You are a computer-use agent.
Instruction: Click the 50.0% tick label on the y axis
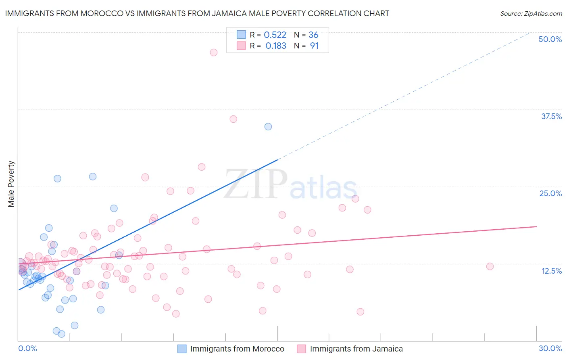[x=550, y=39]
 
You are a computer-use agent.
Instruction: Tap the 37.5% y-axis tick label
[x=551, y=116]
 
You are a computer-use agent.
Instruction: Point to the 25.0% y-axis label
[x=550, y=193]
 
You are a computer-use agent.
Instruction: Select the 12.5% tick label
[x=551, y=271]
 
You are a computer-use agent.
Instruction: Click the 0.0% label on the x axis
[x=27, y=348]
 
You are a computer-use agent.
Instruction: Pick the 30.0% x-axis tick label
[x=550, y=348]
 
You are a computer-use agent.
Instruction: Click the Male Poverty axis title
[x=11, y=184]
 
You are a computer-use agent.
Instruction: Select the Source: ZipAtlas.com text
[x=531, y=13]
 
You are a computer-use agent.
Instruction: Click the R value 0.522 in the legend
[x=275, y=35]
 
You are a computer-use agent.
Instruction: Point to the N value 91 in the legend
[x=314, y=46]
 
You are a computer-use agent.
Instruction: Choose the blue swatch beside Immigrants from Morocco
[x=182, y=349]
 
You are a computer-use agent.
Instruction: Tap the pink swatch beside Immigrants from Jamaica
[x=302, y=349]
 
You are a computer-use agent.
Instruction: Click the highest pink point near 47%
[x=214, y=52]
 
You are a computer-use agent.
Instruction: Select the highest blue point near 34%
[x=268, y=127]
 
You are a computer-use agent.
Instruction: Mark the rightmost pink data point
[x=490, y=266]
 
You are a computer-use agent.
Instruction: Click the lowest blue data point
[x=62, y=334]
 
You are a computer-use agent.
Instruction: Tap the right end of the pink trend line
[x=536, y=226]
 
